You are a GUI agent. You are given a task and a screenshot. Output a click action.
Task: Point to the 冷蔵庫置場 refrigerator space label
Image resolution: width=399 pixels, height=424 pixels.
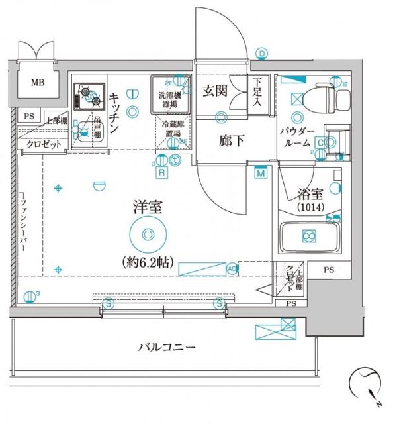[171, 131]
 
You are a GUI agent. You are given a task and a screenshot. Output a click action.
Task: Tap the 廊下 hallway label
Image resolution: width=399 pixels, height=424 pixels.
[216, 140]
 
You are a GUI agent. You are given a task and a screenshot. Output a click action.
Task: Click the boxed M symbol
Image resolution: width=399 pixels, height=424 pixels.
[261, 173]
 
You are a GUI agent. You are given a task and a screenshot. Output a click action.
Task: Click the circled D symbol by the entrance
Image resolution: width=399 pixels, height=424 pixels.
[262, 54]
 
